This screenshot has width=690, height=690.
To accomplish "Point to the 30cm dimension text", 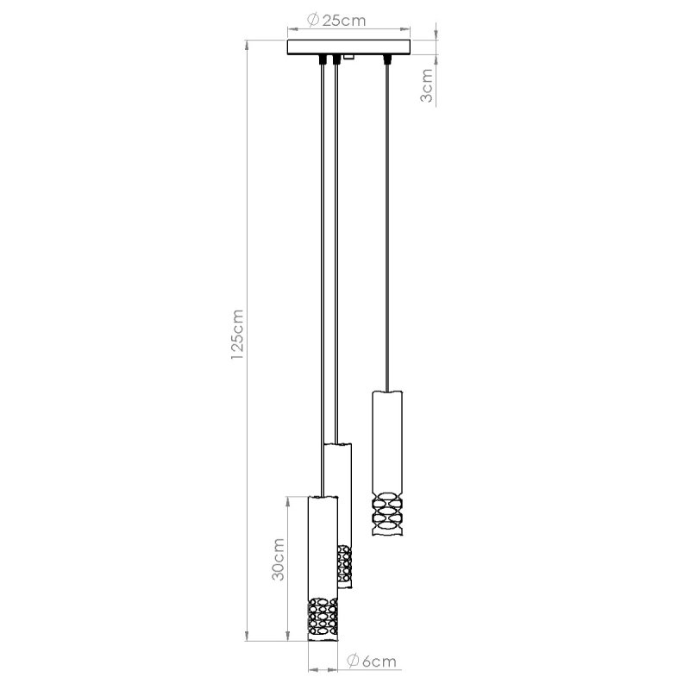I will click(x=278, y=561).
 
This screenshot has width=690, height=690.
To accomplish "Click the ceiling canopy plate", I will click(x=348, y=47).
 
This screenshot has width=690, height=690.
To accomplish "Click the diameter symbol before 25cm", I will click(x=312, y=21).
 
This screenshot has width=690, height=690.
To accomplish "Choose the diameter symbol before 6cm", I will click(x=353, y=662).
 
